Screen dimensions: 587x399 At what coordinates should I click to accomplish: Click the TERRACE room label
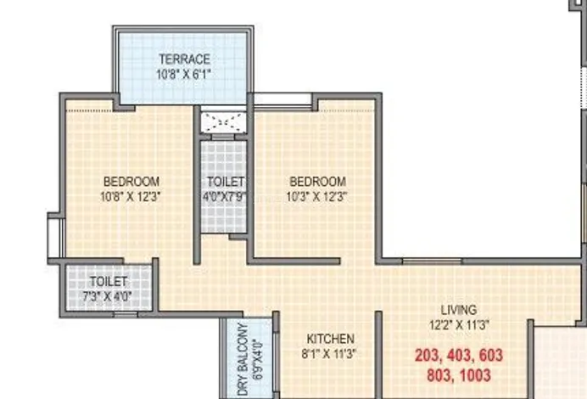point(185,59)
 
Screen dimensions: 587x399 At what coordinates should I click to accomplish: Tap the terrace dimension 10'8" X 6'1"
point(183,74)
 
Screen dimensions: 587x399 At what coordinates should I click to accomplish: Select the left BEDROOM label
point(131,182)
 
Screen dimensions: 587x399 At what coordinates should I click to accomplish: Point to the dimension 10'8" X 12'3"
point(131,196)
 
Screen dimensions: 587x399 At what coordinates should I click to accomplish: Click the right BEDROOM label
point(318,182)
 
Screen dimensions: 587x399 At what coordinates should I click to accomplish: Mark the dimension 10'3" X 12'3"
point(316,196)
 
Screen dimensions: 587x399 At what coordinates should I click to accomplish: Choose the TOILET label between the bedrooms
point(226,182)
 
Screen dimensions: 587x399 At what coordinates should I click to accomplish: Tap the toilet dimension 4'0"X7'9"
point(224,196)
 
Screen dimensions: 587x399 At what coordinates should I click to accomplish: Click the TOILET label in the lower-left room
point(109,281)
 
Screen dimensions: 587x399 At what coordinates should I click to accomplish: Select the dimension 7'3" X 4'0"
point(107,296)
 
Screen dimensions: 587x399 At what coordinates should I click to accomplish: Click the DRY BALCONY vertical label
point(243,359)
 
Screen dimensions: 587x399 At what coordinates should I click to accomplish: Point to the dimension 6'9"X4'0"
point(258,360)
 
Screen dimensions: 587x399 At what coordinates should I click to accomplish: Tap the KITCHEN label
point(331,339)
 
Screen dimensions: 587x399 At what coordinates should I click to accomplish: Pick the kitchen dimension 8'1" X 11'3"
point(329,353)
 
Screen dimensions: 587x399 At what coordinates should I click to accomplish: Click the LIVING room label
point(459,310)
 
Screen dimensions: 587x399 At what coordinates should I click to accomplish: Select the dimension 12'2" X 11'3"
point(459,324)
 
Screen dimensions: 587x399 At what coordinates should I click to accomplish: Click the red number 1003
point(475,375)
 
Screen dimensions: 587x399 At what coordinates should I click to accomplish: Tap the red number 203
point(428,356)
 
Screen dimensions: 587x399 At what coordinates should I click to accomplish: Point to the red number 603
point(490,355)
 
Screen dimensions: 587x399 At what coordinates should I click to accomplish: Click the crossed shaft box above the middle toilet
point(223,121)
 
